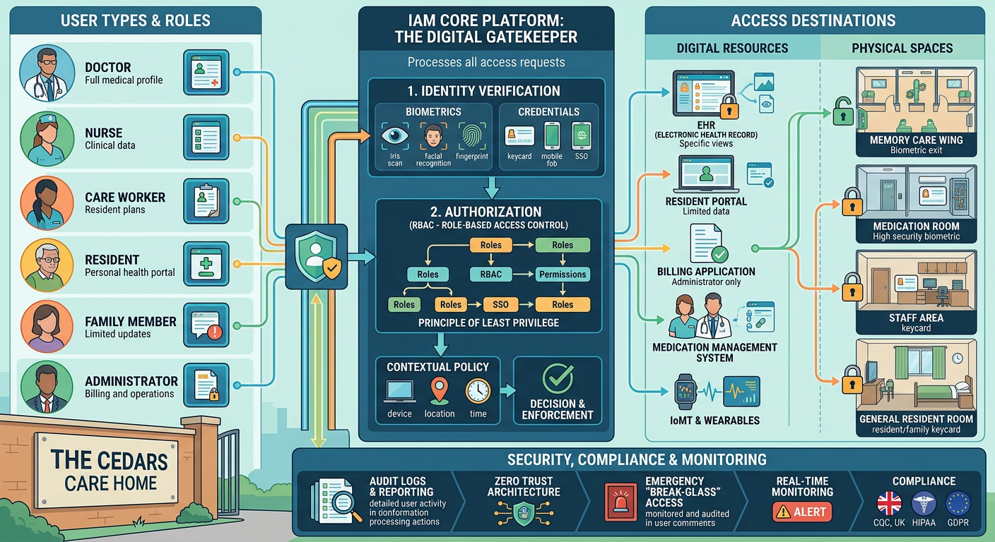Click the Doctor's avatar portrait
[47, 73]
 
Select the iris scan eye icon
[394, 136]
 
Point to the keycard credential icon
[519, 136]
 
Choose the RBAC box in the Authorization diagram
[490, 274]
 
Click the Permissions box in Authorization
[563, 274]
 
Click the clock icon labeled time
[478, 390]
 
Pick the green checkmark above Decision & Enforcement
[558, 379]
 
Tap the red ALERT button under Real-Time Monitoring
[802, 512]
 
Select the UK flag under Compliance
[889, 504]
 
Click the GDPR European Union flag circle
[958, 504]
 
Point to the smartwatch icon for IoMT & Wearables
[685, 391]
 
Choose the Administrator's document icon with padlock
[204, 385]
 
